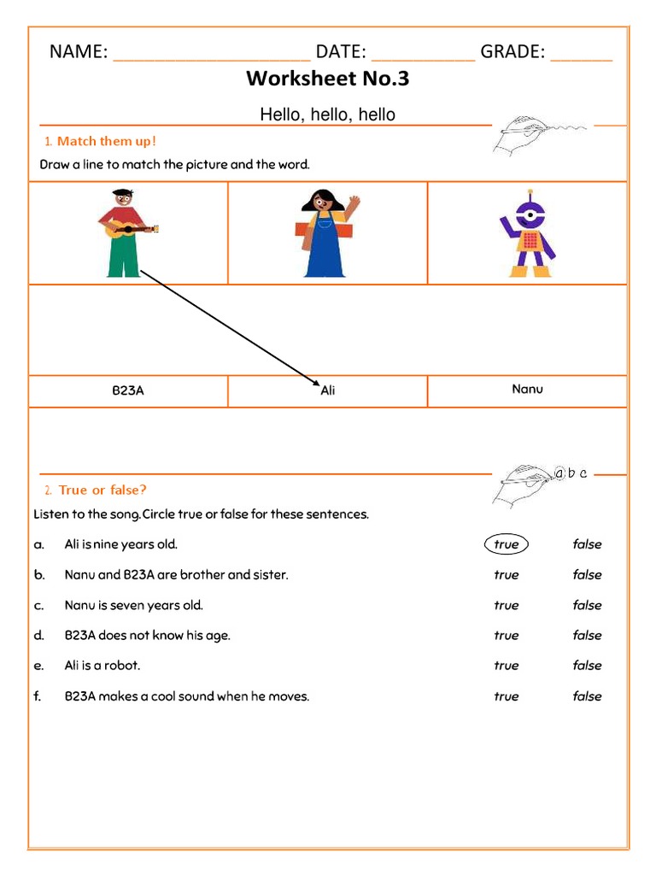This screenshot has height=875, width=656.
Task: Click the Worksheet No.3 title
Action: [328, 79]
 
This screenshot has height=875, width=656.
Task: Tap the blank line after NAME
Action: [211, 56]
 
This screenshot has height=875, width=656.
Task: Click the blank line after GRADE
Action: [581, 56]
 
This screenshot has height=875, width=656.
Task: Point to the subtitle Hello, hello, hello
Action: [328, 115]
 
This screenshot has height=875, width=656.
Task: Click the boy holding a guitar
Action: [125, 232]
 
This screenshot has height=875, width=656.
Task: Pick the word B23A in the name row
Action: [128, 391]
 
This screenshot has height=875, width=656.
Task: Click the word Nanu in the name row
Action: [527, 389]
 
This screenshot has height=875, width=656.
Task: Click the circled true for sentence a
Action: [506, 544]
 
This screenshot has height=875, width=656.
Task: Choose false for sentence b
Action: [587, 575]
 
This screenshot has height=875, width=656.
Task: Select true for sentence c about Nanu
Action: [506, 605]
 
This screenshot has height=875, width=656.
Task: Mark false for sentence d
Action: [587, 636]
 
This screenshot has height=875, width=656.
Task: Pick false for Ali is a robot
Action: [587, 666]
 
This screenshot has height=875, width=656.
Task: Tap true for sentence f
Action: [506, 696]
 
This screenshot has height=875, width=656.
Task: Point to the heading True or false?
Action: [102, 490]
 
